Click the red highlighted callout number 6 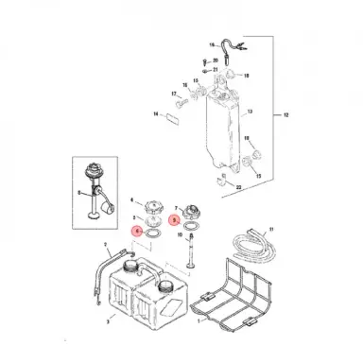click(x=136, y=231)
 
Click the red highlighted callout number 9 click(x=173, y=218)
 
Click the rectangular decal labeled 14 click(x=171, y=118)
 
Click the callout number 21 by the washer click(x=216, y=69)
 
